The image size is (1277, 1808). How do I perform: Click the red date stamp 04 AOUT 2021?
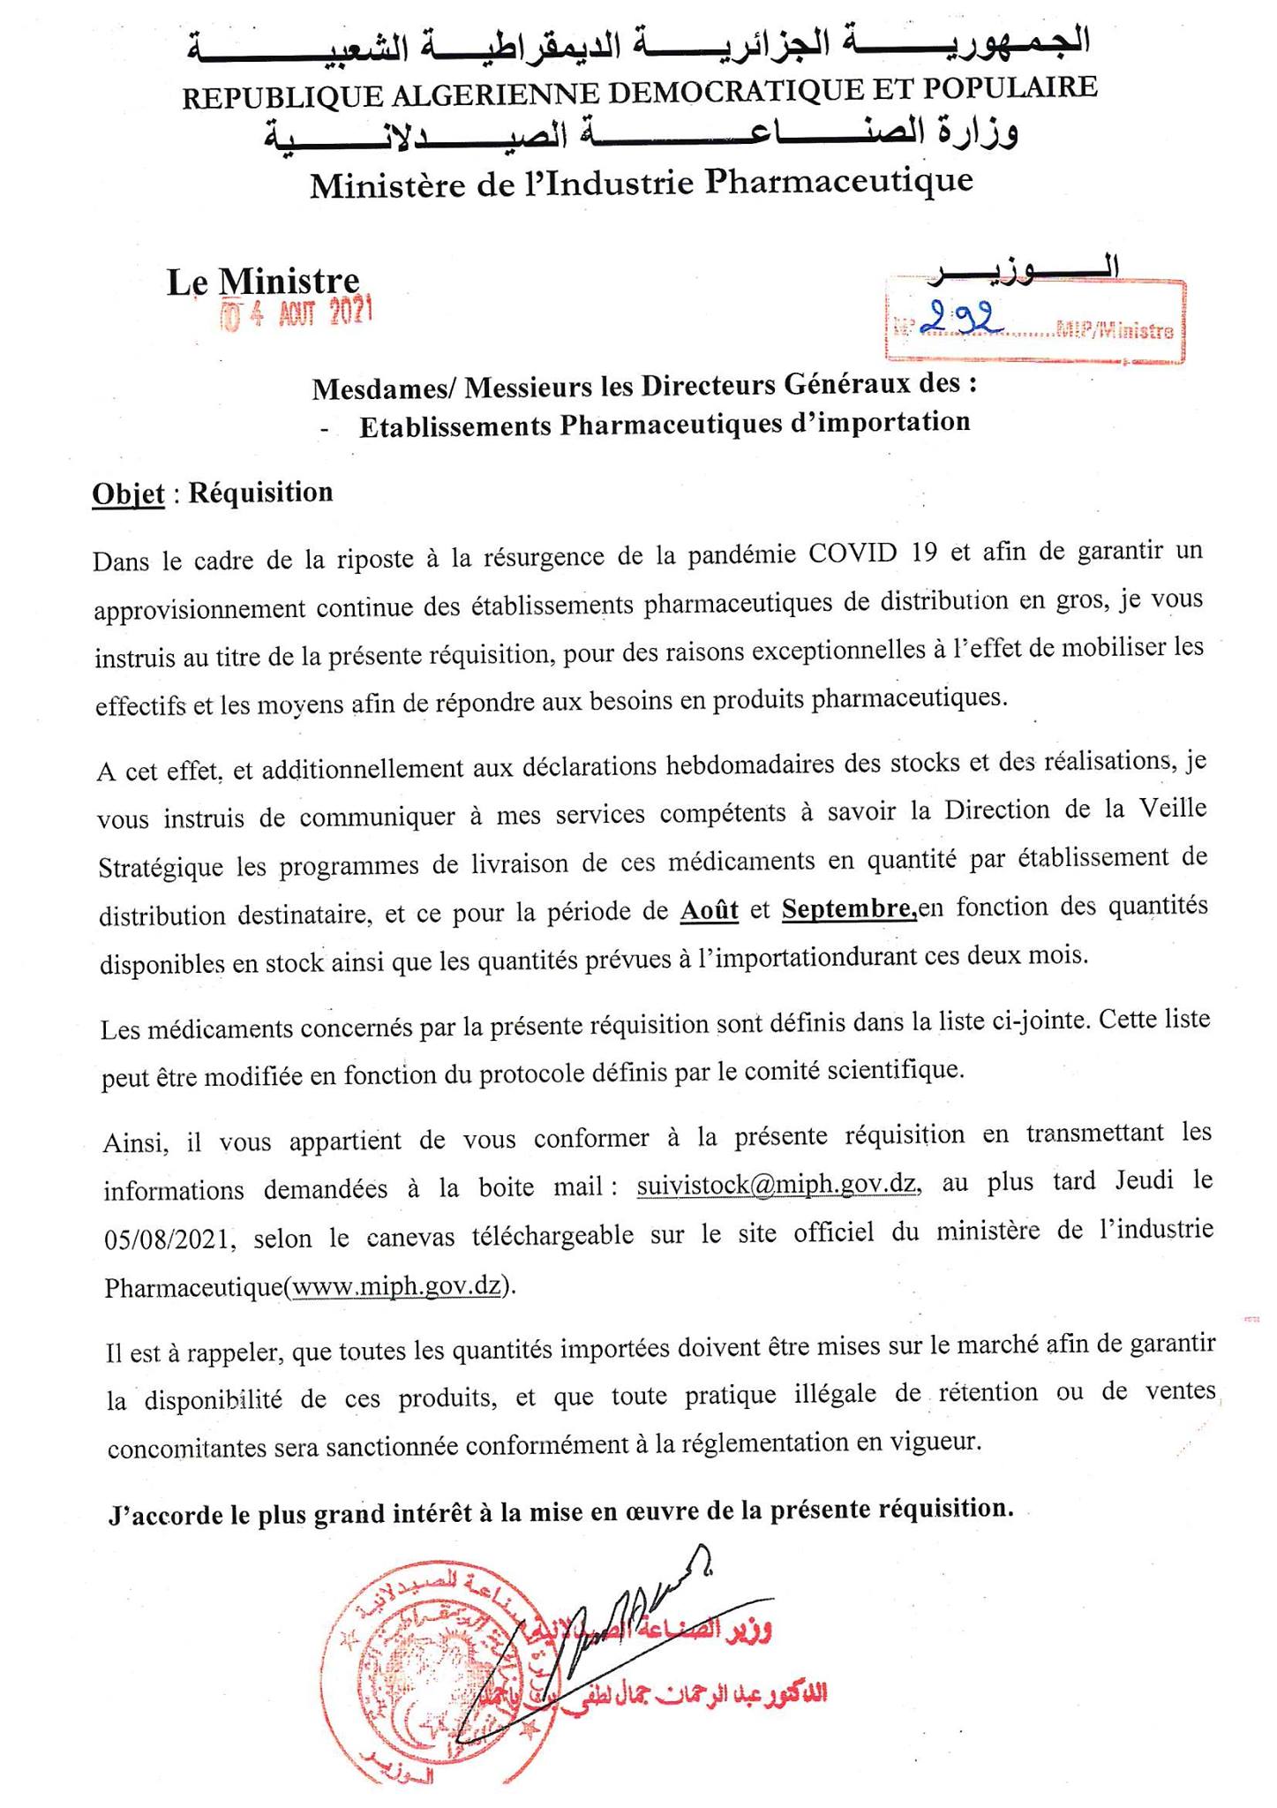[297, 313]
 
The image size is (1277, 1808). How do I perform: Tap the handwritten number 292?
[958, 324]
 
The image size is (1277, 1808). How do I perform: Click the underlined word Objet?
[128, 493]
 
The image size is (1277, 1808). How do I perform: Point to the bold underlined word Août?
[710, 909]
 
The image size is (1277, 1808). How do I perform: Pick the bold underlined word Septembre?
[848, 909]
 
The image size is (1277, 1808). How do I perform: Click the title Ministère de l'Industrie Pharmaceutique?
[641, 183]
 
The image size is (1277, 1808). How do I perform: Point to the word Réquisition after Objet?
[261, 492]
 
